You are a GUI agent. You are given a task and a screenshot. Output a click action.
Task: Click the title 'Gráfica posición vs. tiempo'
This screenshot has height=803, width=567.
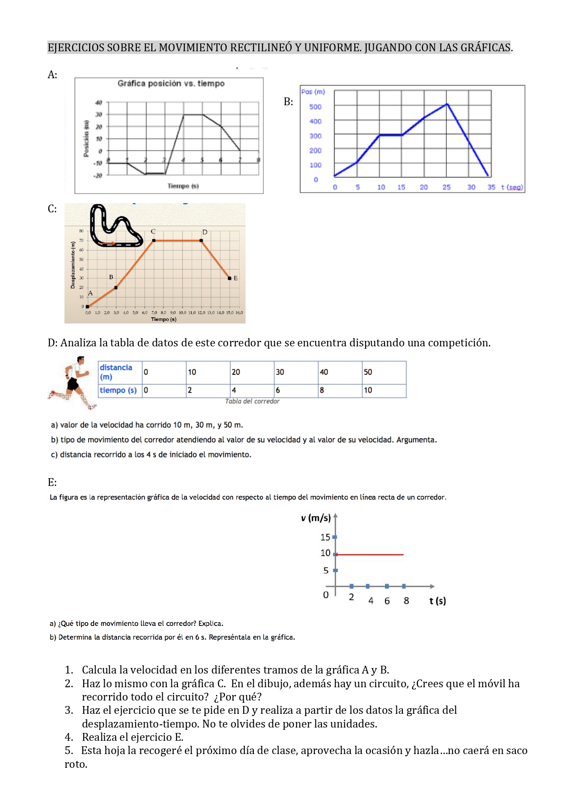(x=171, y=83)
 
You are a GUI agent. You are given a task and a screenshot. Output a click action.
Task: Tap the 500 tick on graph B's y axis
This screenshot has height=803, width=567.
(x=315, y=107)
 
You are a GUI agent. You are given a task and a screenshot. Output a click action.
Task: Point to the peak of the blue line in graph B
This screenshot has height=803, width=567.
(x=447, y=104)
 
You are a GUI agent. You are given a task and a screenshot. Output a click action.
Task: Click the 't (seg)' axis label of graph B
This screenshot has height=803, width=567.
(x=512, y=187)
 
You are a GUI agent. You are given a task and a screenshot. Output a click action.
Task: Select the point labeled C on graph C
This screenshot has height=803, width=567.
(x=154, y=240)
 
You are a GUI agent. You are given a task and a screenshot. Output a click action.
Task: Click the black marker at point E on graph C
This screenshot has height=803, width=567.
(x=230, y=278)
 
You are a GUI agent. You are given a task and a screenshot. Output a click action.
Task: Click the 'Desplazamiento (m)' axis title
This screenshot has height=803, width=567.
(x=73, y=265)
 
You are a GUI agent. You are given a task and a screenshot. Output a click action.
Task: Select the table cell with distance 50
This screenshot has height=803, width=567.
(x=384, y=372)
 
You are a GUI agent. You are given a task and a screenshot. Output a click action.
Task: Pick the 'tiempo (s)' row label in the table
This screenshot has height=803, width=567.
(x=118, y=390)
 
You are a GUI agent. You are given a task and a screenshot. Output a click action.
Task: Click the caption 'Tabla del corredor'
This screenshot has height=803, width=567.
(x=252, y=401)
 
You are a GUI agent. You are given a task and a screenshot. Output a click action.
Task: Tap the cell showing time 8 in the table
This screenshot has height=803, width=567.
(x=340, y=390)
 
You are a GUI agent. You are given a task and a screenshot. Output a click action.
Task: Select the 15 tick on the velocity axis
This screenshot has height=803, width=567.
(x=325, y=537)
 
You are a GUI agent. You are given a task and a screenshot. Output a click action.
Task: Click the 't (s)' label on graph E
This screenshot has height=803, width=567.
(x=437, y=601)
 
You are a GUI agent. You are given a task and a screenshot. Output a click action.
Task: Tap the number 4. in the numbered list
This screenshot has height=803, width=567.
(x=69, y=737)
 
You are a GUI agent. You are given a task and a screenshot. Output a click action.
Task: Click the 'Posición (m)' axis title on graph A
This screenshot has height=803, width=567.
(x=86, y=139)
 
